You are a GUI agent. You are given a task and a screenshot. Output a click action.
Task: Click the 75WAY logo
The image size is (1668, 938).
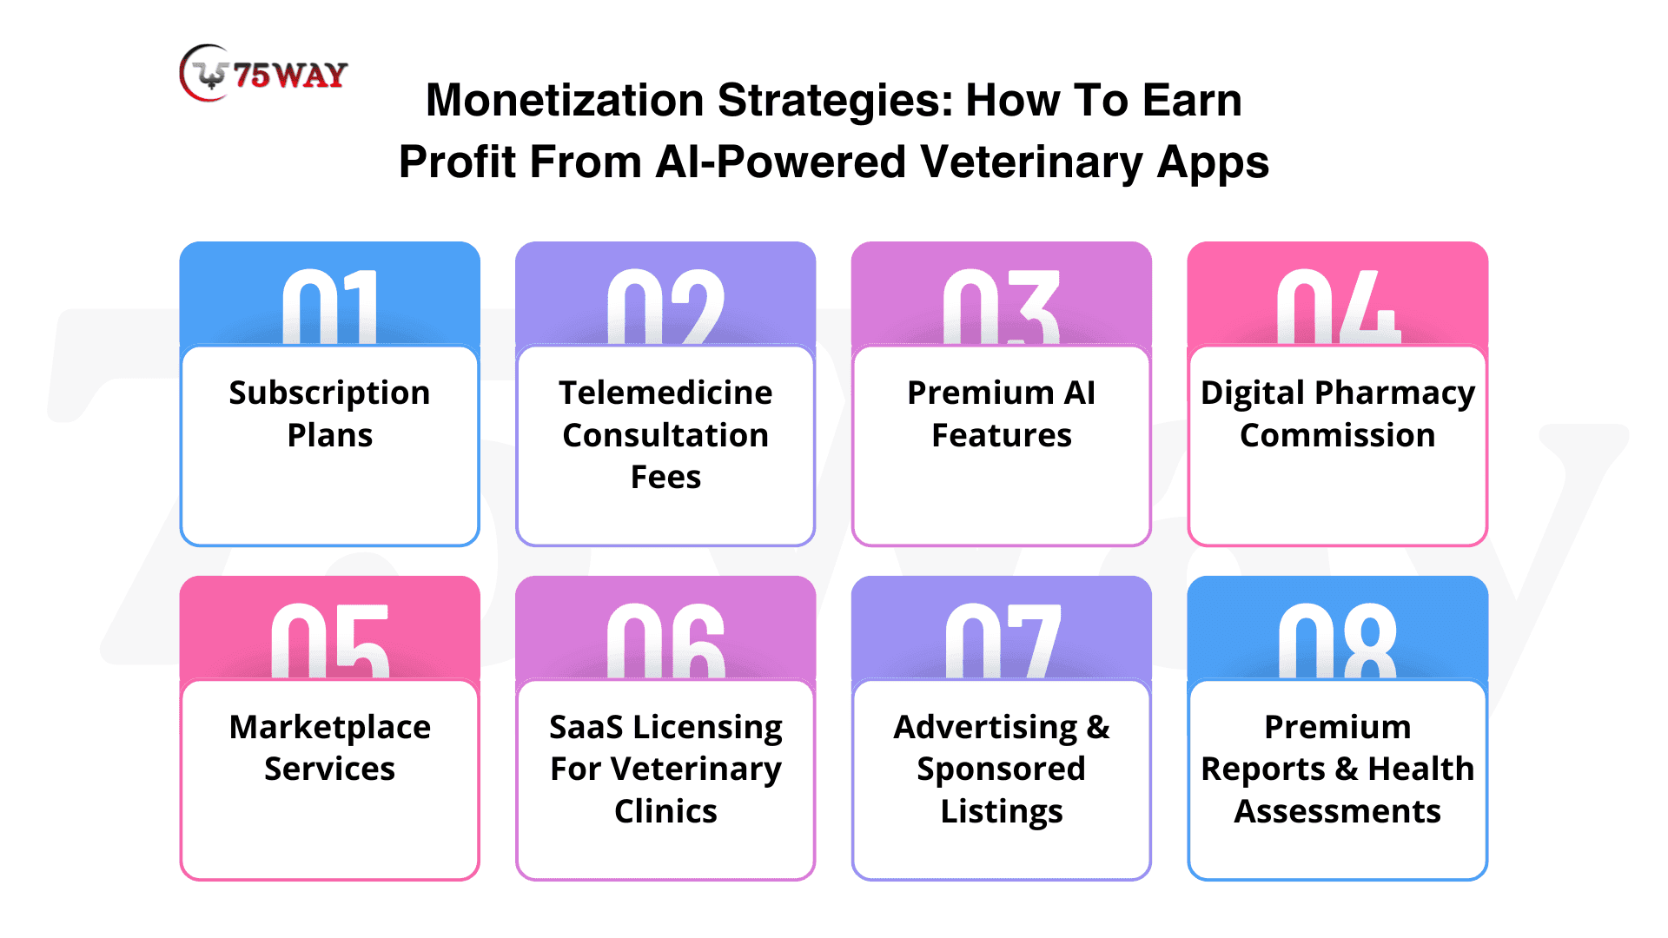pos(263,73)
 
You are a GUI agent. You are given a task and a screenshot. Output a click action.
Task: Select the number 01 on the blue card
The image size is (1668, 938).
pos(330,307)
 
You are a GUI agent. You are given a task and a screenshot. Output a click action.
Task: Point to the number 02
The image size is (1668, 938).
pos(665,307)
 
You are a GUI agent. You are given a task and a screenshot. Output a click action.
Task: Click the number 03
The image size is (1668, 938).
pos(1002,307)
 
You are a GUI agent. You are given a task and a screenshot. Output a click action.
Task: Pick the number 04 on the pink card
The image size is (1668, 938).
pos(1338,307)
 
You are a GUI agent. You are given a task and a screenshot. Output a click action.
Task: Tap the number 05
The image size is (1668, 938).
pos(330,641)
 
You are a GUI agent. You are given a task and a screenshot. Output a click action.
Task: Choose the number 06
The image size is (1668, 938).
pos(665,641)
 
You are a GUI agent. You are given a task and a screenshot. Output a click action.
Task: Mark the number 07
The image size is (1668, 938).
pos(1002,641)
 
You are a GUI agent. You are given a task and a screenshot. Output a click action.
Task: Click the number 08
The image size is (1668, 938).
pos(1338,641)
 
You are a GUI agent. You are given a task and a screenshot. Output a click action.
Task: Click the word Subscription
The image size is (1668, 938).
pos(330,393)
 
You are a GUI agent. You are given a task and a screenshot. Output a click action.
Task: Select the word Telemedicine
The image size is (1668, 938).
pos(665,393)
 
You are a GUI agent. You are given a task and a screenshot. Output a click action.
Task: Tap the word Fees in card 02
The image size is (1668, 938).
pos(665,477)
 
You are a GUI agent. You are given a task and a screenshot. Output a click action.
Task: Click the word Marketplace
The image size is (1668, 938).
pos(330,728)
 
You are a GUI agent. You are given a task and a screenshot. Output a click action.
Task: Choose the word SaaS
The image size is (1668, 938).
pos(586,727)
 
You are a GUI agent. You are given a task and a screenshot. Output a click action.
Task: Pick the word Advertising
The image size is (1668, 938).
pos(986,728)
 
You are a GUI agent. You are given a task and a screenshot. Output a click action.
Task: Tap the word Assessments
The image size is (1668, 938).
pos(1338,811)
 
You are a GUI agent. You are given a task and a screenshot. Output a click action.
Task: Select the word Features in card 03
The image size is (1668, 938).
pos(1002,435)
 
